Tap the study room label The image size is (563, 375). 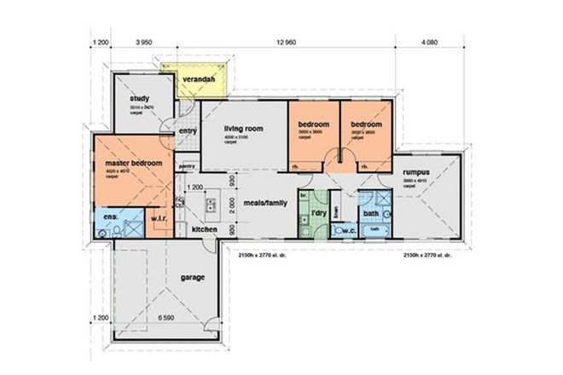click(x=140, y=99)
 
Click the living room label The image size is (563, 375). click(x=243, y=129)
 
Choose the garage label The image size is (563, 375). click(x=195, y=278)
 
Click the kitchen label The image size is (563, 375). click(x=202, y=230)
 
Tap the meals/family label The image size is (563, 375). click(x=264, y=204)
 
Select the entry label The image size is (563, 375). click(x=187, y=130)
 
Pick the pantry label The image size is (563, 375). click(x=187, y=165)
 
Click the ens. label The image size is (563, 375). click(x=110, y=217)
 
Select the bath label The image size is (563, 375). click(x=371, y=213)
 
